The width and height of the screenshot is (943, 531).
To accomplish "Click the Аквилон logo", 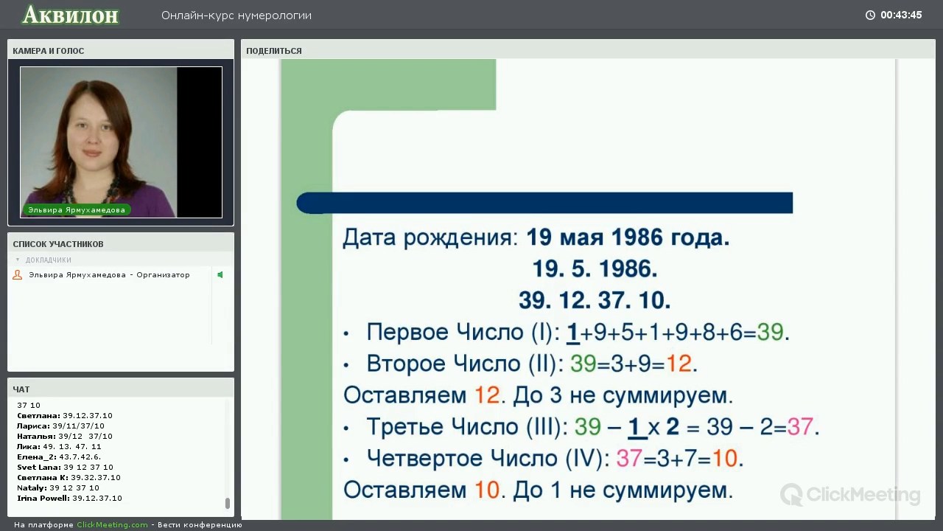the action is [71, 15].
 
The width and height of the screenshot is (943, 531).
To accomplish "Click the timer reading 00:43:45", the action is [901, 15].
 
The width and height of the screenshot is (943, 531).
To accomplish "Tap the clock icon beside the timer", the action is [870, 15].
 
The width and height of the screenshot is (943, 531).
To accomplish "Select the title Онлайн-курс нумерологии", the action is [236, 15].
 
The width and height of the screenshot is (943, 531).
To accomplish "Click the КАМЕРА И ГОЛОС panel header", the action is [49, 51].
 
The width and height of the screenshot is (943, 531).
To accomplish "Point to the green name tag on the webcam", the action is [77, 210].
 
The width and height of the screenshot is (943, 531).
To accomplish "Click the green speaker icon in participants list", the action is [220, 275].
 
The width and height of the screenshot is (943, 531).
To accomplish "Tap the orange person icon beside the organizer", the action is [17, 275].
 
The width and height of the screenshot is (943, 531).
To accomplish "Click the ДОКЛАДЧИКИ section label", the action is [49, 260].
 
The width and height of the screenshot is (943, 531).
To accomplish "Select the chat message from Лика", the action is [59, 446].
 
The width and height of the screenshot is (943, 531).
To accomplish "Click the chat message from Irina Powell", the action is [69, 498].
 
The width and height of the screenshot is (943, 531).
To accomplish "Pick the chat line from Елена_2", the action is [59, 457].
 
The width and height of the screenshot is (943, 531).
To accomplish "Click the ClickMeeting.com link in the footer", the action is [112, 524].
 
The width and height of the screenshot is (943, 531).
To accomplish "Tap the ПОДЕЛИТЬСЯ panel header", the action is [274, 51].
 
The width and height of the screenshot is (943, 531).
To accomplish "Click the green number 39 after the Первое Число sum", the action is [770, 332].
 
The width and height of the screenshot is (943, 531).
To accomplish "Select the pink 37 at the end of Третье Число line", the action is [800, 426].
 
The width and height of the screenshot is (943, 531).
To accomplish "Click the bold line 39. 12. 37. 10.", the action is [595, 300].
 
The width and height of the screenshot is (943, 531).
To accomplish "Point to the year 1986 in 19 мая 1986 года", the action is [637, 237].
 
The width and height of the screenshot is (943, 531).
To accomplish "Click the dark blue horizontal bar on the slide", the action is [544, 203].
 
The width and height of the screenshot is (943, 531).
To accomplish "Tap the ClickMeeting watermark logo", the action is [850, 494].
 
